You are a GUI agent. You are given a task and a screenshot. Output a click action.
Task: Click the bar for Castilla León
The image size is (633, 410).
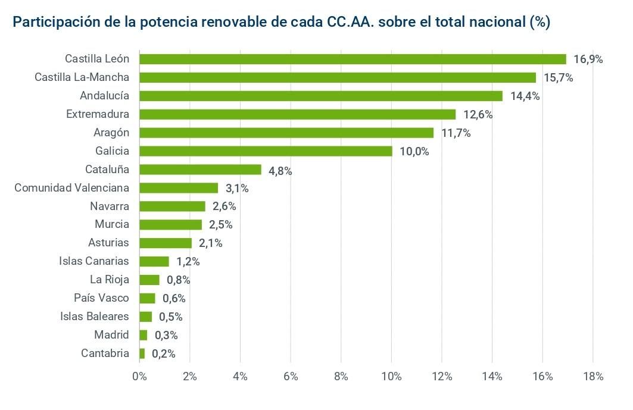352,59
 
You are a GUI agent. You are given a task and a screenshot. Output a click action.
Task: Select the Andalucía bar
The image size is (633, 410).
320,96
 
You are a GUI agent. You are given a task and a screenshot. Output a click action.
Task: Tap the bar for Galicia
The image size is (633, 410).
266,151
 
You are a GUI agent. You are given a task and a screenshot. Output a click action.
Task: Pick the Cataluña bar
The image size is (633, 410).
200,170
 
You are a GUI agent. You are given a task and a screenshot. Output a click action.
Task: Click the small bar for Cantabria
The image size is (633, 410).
142,353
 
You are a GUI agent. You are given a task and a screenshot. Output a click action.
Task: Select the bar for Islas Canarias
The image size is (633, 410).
154,261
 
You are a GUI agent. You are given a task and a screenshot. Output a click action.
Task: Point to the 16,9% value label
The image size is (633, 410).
588,59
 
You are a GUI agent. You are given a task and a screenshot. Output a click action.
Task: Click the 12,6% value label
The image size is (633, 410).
478,114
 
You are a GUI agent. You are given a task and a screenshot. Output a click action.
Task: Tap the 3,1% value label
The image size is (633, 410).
236,188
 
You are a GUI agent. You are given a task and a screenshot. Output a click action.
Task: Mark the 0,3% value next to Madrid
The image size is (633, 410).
166,335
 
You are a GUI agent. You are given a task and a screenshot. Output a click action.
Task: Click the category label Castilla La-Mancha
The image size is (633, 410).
82,77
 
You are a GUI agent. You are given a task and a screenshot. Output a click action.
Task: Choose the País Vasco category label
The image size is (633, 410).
101,298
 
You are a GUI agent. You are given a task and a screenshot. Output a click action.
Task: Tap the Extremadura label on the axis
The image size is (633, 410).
98,114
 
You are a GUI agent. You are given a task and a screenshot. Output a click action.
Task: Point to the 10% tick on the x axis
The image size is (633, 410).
391,376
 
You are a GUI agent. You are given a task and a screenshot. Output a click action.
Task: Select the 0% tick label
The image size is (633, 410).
139,376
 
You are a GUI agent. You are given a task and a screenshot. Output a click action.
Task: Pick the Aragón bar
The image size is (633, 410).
286,133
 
